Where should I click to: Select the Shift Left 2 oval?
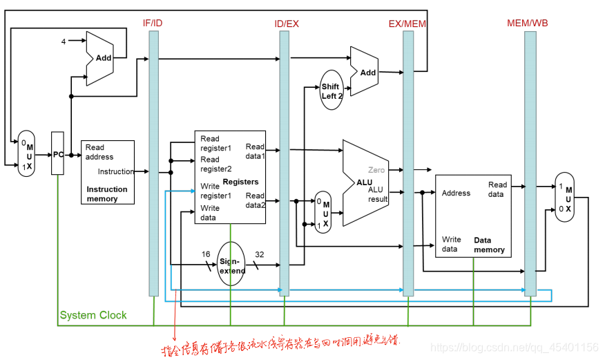click(332, 91)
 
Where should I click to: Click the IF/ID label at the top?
click(153, 23)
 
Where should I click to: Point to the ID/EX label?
click(286, 23)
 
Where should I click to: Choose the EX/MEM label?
click(405, 23)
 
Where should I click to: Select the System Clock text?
click(93, 315)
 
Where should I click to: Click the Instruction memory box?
click(108, 172)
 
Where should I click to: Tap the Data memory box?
click(473, 216)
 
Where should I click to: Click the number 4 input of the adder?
click(63, 42)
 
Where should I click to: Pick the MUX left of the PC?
click(26, 153)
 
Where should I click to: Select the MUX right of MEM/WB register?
click(564, 197)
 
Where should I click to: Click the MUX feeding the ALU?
click(323, 211)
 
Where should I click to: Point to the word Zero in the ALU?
click(376, 170)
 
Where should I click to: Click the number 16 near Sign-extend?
click(204, 254)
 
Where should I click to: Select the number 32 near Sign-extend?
click(259, 254)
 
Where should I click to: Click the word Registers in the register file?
click(241, 182)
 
